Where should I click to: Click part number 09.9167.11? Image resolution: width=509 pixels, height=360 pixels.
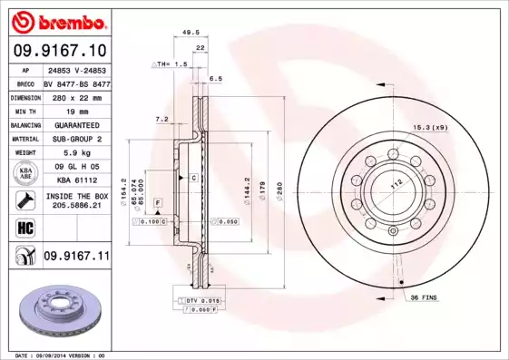coord(76,258)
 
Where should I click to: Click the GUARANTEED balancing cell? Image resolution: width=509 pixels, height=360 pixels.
coord(71,125)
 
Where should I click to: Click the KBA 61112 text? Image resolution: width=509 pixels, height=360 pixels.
coord(76,180)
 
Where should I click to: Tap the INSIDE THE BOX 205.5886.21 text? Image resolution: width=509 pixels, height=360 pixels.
coord(76,200)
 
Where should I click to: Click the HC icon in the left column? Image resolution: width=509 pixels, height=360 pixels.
coord(23,228)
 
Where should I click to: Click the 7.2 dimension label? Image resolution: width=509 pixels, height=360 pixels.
coord(162,119)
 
